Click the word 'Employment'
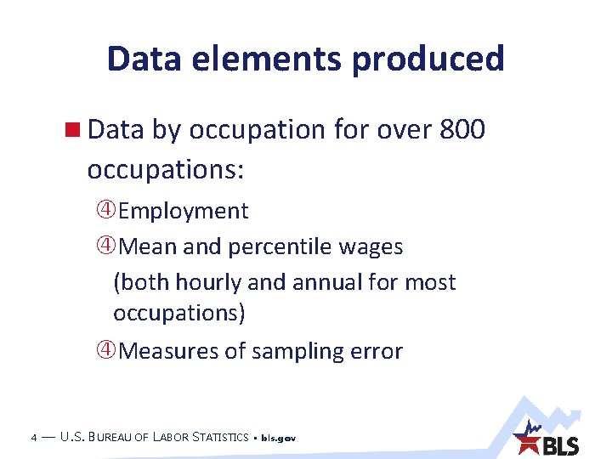184,211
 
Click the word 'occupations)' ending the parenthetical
179,313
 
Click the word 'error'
378,351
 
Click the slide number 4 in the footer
32,438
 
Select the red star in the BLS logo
527,443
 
